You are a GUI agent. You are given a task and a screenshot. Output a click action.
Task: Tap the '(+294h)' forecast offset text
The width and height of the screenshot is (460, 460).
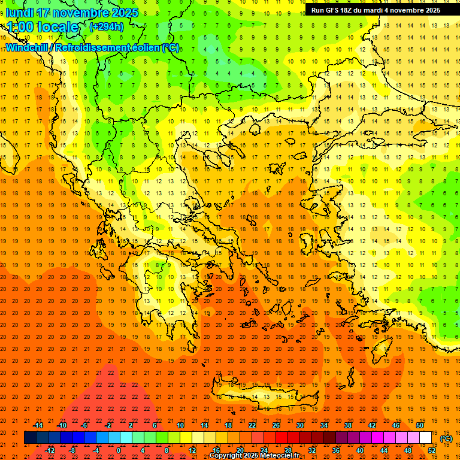click(x=106, y=26)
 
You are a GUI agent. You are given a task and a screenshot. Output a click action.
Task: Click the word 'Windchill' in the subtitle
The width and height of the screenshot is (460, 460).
click(x=28, y=47)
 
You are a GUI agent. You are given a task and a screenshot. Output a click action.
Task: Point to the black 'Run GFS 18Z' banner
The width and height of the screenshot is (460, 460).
click(x=376, y=10)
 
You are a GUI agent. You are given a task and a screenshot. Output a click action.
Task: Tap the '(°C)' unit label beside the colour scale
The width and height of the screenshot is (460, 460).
click(x=446, y=439)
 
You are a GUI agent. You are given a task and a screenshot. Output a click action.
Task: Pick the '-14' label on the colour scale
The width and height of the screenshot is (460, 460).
click(x=38, y=425)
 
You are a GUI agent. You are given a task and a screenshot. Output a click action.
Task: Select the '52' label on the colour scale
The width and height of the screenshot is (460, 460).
click(x=432, y=450)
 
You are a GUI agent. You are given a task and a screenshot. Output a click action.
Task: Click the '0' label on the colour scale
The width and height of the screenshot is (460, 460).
click(x=119, y=450)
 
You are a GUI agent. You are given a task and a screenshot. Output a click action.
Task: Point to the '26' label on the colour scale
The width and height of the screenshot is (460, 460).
click(x=276, y=425)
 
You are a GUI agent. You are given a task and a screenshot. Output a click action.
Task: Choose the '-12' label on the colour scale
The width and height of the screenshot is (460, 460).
click(x=50, y=450)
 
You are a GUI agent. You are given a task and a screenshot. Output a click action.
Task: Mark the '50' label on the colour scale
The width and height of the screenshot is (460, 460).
click(x=420, y=425)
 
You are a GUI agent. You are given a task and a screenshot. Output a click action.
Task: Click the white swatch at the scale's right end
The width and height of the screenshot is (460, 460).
click(x=426, y=438)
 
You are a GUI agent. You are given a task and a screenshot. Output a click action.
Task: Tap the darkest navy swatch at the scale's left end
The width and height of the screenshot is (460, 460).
click(x=30, y=438)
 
